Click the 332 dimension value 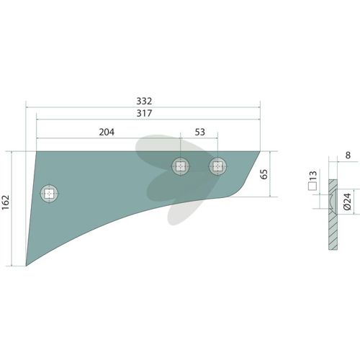coord(144,101)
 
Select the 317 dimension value coord(144,113)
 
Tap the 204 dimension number coord(107,132)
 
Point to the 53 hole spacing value coord(200,132)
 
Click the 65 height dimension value coord(264,174)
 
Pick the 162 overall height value coord(6,202)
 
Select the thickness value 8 coord(348,156)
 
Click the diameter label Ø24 coord(347,202)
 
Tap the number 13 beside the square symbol coord(313,176)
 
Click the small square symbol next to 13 coord(312,186)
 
